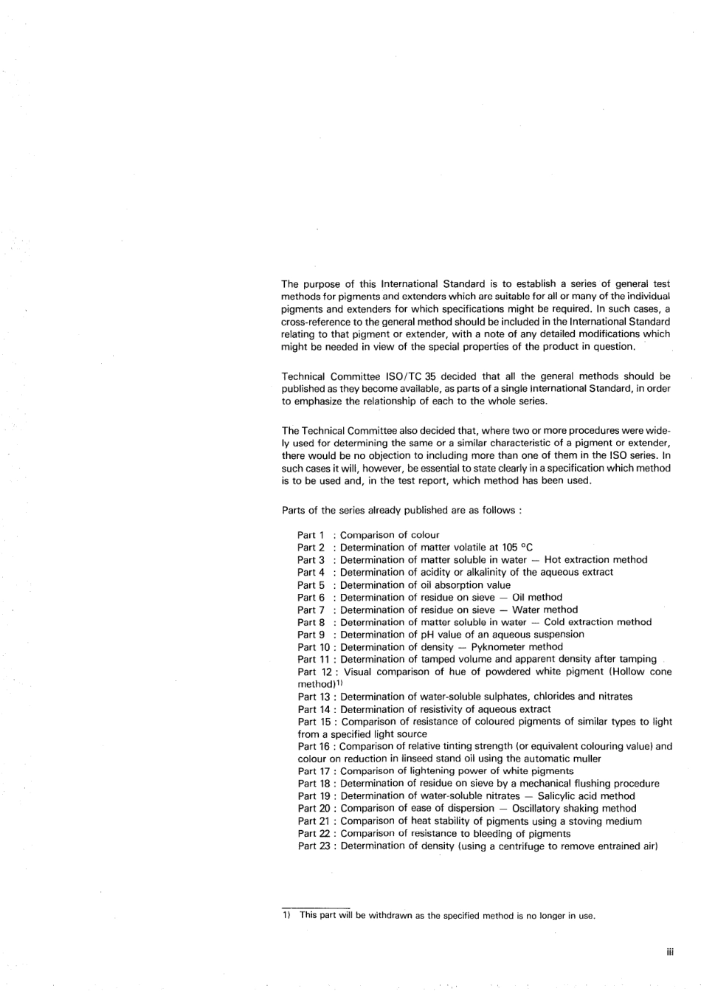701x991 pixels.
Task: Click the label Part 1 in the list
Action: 311,535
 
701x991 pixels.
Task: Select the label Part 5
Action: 311,585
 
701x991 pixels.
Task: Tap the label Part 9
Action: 311,635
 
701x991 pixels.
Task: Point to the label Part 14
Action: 314,709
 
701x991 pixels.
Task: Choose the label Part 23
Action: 314,846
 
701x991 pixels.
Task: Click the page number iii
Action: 669,953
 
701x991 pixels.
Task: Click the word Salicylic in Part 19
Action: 559,796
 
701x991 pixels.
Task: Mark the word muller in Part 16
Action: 587,759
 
